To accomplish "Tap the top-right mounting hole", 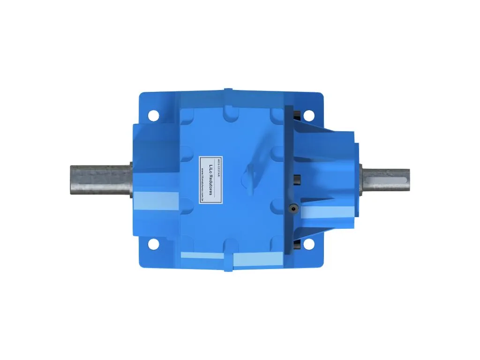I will tap(308, 115).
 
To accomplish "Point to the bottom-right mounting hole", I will tap(308, 244).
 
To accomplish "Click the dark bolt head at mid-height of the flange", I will tap(297, 179).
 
